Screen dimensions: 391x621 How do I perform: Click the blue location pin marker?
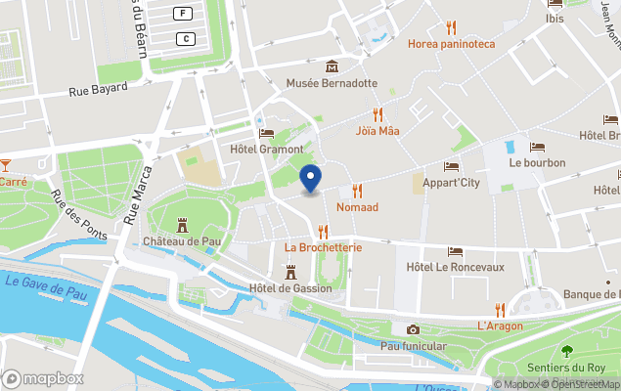pyautogui.click(x=311, y=179)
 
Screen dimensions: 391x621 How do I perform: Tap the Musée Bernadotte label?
pyautogui.click(x=332, y=83)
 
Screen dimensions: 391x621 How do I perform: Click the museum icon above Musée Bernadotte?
pyautogui.click(x=332, y=66)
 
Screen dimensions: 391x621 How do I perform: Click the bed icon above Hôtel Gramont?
pyautogui.click(x=266, y=133)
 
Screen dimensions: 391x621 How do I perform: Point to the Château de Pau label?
pyautogui.click(x=181, y=240)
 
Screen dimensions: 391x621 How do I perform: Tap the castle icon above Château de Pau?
pyautogui.click(x=182, y=225)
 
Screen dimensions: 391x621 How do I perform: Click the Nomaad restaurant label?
pyautogui.click(x=357, y=207)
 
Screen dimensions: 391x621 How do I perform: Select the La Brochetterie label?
pyautogui.click(x=323, y=247)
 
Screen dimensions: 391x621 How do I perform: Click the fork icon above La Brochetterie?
pyautogui.click(x=323, y=232)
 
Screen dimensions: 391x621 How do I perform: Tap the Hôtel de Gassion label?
pyautogui.click(x=290, y=287)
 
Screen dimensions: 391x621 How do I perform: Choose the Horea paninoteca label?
pyautogui.click(x=451, y=44)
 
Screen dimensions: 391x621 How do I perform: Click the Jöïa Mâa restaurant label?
pyautogui.click(x=377, y=130)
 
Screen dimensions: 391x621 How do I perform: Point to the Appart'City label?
pyautogui.click(x=451, y=182)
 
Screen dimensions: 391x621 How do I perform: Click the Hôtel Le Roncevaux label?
pyautogui.click(x=454, y=267)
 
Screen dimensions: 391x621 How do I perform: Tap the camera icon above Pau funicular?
pyautogui.click(x=413, y=329)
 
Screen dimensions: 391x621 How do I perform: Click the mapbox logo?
pyautogui.click(x=43, y=378)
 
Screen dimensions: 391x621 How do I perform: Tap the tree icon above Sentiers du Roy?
pyautogui.click(x=566, y=351)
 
